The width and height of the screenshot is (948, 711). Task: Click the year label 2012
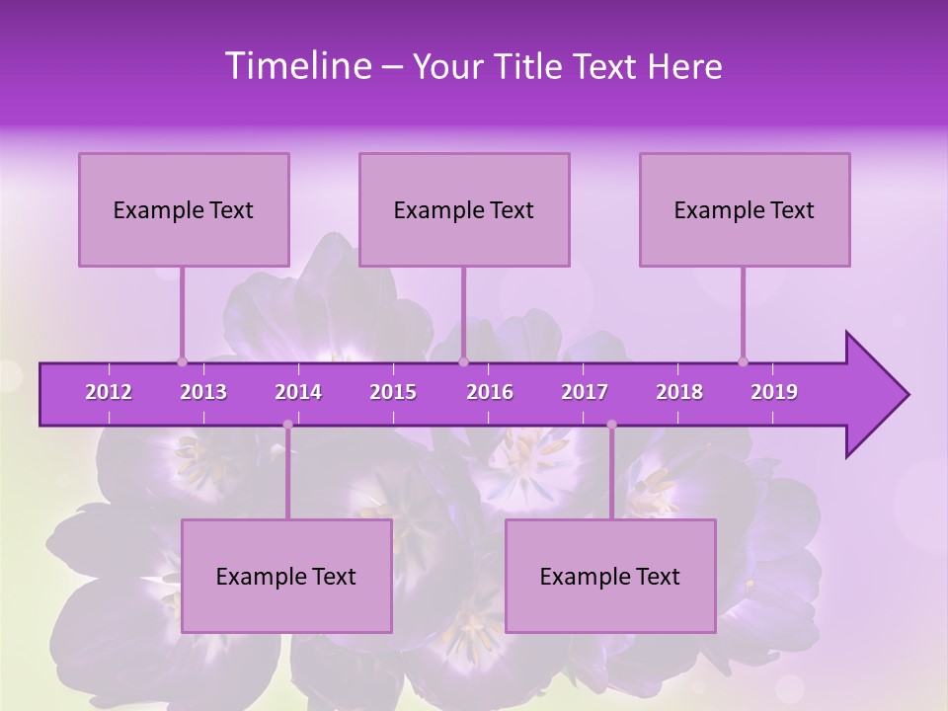[x=109, y=392]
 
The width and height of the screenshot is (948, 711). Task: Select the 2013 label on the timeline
[x=203, y=392]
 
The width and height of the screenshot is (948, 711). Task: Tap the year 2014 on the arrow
[x=298, y=392]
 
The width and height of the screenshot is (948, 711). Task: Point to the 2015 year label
[x=393, y=392]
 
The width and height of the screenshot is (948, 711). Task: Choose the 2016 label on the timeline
[x=490, y=392]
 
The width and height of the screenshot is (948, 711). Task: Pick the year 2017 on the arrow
[x=585, y=392]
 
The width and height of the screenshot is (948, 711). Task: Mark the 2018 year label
[x=679, y=392]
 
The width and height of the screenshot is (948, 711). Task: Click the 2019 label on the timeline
[x=774, y=392]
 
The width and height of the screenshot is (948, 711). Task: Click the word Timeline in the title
[x=296, y=66]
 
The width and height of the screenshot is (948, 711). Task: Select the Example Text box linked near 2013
[x=184, y=209]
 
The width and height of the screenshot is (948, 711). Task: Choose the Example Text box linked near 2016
[x=464, y=209]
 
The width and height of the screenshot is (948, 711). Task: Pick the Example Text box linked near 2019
[x=745, y=209]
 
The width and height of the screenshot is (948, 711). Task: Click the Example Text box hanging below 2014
[x=286, y=576]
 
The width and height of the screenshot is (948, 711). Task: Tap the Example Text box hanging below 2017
[x=610, y=576]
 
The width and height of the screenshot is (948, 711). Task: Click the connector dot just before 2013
[x=182, y=361]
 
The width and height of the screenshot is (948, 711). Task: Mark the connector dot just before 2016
[x=463, y=361]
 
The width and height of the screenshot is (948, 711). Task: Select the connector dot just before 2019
[x=744, y=361]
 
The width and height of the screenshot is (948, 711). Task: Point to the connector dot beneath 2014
[x=287, y=425]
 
